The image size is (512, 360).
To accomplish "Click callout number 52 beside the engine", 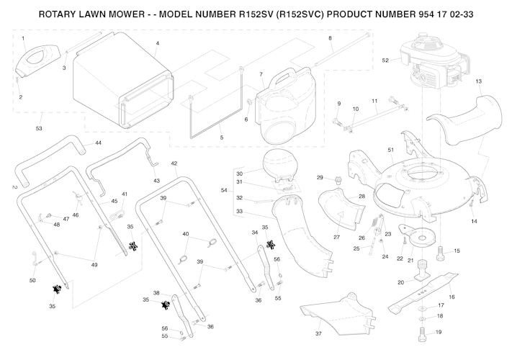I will pos(385,60).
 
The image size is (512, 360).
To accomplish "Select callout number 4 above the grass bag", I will pos(157,43).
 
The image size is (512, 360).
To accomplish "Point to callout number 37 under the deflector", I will pos(318,334).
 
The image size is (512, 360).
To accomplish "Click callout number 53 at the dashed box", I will pos(39,128).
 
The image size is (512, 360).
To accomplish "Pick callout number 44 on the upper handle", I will pos(98,143).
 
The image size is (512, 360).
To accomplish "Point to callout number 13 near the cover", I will pos(478,82).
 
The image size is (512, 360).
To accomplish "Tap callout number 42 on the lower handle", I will pos(174,164).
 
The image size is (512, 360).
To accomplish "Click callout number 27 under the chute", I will pos(336,237).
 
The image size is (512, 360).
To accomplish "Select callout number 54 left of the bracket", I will pos(225,190).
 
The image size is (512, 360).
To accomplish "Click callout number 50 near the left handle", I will pos(32,279).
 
